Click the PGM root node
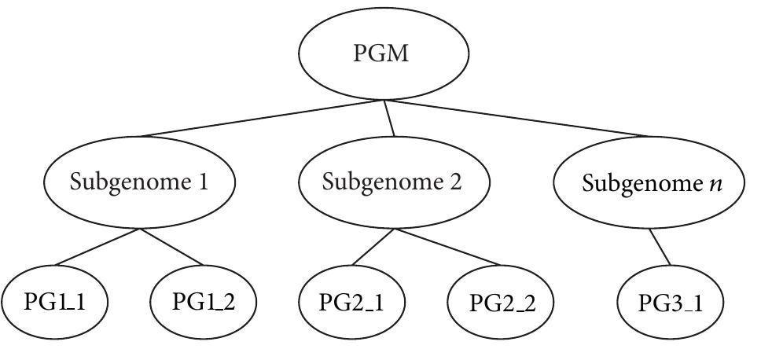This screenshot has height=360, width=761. [384, 54]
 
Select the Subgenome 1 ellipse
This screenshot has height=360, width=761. [139, 183]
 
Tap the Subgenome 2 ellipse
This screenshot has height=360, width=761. [393, 183]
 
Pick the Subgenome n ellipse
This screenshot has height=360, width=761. [649, 183]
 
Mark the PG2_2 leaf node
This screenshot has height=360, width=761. [501, 303]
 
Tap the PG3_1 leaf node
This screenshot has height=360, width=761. [671, 303]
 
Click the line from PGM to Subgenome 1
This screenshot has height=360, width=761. [259, 119]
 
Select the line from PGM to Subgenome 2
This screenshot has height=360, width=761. [389, 119]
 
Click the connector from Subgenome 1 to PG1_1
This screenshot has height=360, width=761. [98, 248]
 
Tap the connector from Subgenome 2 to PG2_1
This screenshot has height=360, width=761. [369, 248]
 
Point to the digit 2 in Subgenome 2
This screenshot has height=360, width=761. [457, 182]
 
